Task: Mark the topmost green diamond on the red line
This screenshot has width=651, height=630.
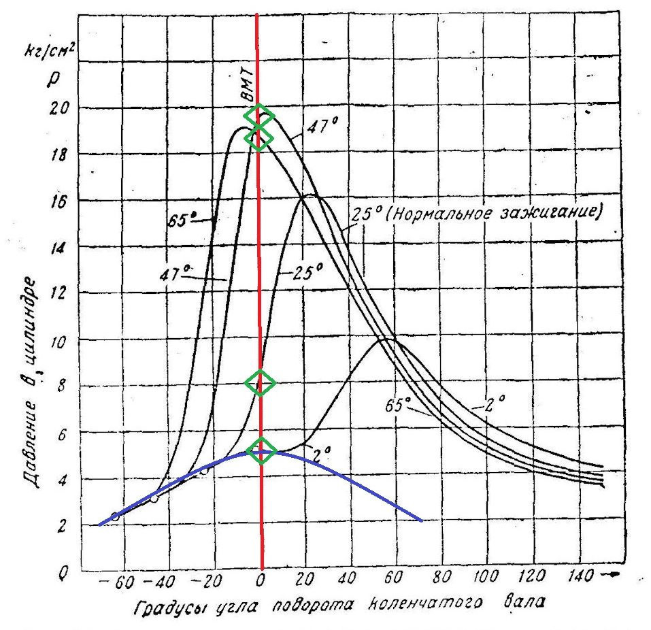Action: click(x=260, y=115)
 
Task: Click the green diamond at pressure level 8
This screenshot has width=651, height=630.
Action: click(x=260, y=383)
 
